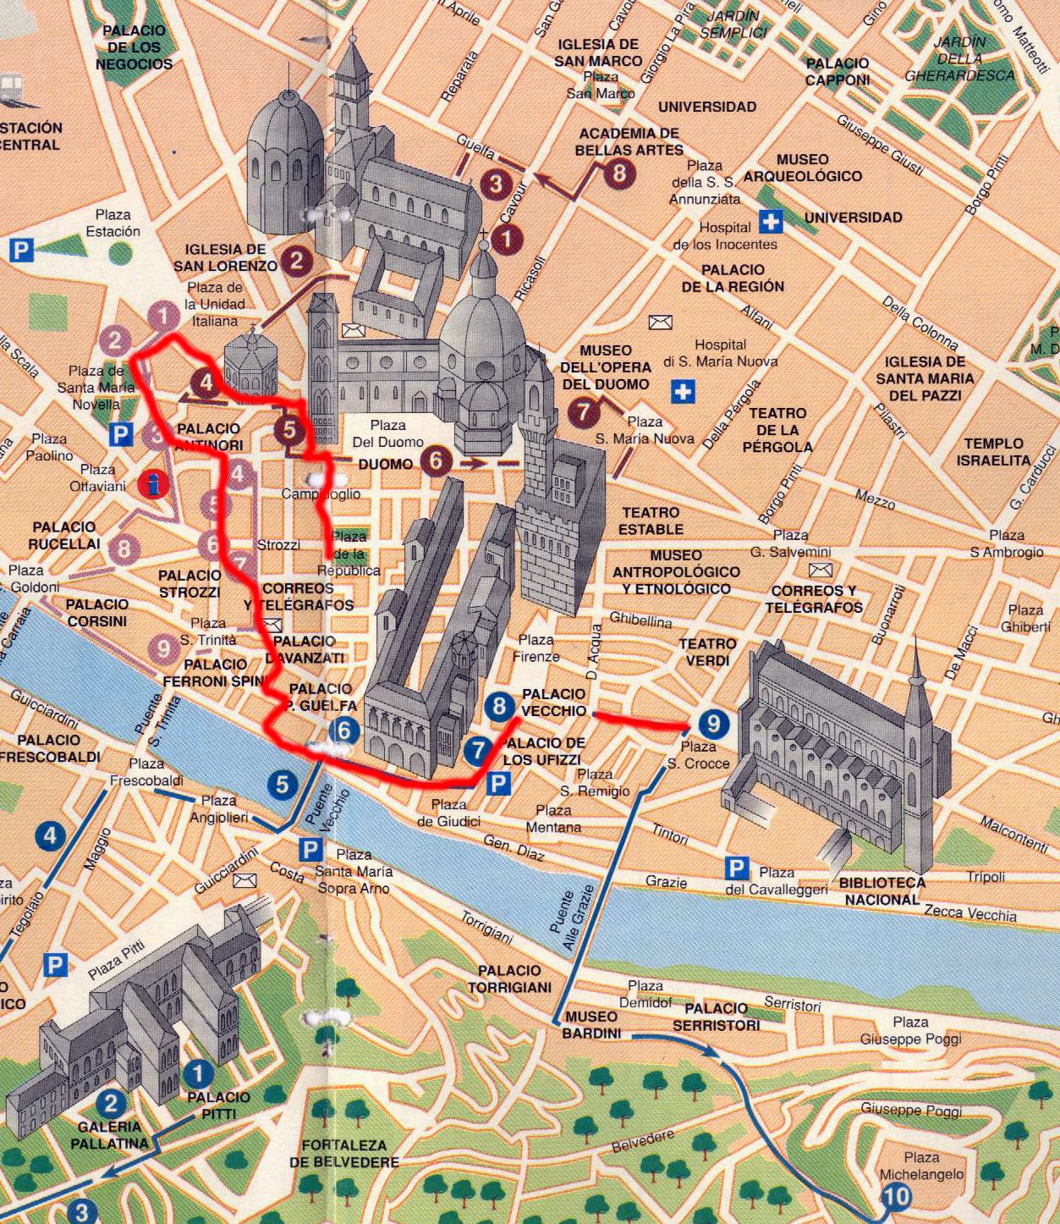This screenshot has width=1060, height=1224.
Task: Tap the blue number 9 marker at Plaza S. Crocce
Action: click(713, 723)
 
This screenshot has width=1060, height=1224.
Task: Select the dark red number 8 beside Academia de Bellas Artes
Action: click(619, 173)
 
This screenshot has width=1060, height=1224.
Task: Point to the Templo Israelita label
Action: click(993, 452)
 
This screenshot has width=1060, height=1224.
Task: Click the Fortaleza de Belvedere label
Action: click(343, 1153)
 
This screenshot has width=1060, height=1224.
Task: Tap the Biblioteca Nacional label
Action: click(882, 890)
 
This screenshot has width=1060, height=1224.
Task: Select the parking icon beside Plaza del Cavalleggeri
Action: click(737, 868)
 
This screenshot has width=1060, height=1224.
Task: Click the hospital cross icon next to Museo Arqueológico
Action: click(770, 221)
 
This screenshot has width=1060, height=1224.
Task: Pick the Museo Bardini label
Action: click(590, 1024)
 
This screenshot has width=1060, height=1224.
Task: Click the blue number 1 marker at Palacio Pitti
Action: click(198, 1074)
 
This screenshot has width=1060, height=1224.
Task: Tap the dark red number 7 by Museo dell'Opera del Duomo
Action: click(583, 411)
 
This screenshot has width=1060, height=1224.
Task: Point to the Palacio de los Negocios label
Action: click(134, 47)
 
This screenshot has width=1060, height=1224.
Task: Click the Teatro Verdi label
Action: click(706, 652)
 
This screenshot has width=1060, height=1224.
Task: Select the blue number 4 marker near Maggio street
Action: click(50, 836)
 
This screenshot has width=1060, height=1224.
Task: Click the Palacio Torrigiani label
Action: click(508, 979)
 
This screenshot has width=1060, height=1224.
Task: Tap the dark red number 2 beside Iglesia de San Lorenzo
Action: click(295, 260)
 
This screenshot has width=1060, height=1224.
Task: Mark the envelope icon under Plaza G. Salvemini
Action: click(820, 571)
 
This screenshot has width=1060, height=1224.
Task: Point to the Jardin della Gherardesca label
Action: click(959, 58)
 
